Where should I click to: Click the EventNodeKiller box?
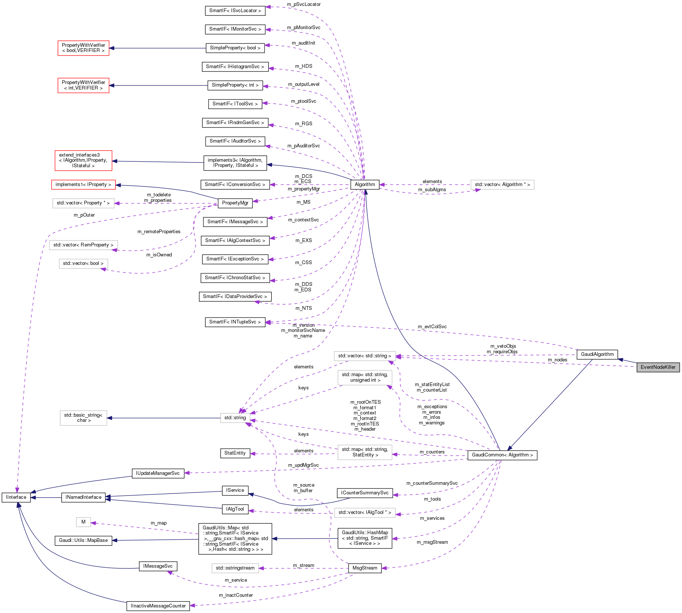658,367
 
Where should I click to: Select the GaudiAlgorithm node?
597,354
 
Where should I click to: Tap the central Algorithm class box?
365,185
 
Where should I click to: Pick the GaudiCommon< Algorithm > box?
502,455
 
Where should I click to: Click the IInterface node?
16,497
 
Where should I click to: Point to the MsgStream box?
365,568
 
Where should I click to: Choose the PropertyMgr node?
235,203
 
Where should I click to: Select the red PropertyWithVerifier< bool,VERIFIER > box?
83,48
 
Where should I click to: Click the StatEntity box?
235,453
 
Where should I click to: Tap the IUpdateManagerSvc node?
158,473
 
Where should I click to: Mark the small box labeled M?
83,522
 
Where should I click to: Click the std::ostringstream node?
235,568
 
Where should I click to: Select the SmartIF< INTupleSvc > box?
235,322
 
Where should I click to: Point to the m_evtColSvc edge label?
432,327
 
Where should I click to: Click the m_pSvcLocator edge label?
304,4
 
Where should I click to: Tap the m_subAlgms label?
432,190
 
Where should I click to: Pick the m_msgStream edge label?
432,542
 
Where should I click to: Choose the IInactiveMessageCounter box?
158,606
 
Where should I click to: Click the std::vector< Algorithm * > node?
502,185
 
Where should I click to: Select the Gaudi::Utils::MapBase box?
83,540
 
